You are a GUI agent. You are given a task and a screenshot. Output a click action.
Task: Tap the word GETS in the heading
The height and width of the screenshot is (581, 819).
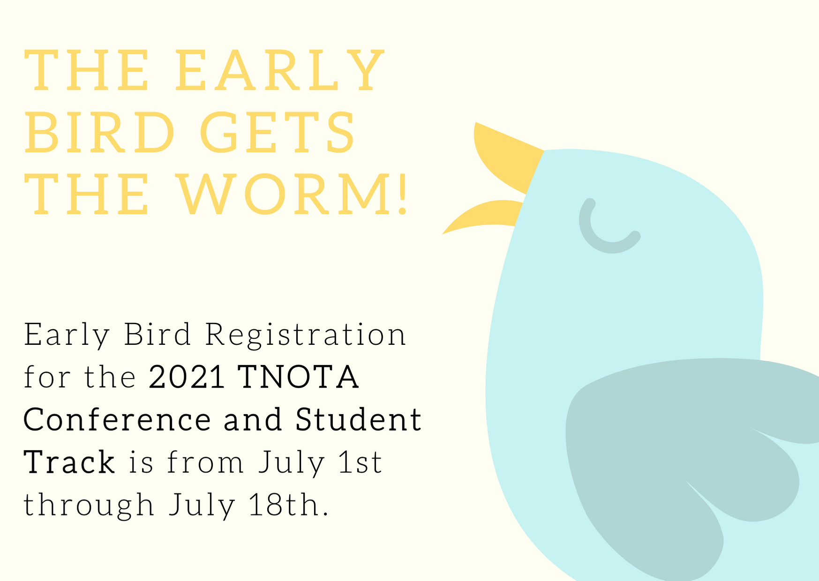point(278,132)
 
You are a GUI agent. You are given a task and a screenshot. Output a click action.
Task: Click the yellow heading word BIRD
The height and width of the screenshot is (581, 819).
point(100,132)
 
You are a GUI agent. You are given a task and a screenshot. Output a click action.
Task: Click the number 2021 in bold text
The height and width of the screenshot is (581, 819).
point(187,377)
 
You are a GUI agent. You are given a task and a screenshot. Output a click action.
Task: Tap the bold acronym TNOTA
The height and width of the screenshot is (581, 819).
point(299,377)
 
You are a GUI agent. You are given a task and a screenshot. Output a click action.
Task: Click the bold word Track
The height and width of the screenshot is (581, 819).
point(69,462)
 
